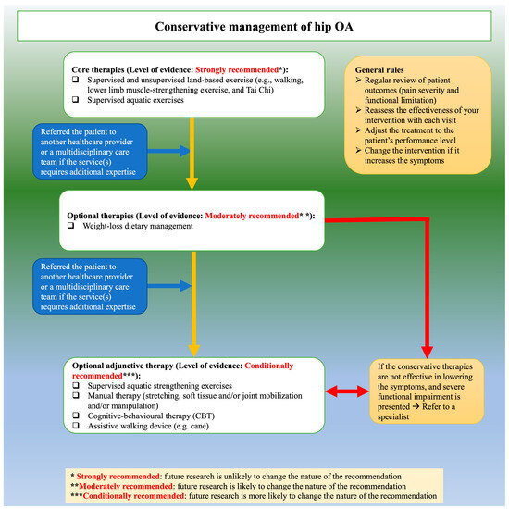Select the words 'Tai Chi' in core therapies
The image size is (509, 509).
coord(266,90)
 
